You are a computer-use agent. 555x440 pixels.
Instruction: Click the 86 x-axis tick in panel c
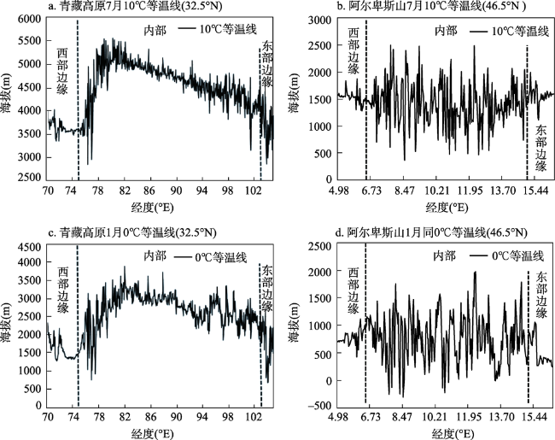pyautogui.click(x=150, y=418)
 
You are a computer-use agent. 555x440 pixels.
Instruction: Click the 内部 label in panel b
pyautogui.click(x=445, y=31)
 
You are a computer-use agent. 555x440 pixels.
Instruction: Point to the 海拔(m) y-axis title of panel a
pyautogui.click(x=9, y=114)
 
